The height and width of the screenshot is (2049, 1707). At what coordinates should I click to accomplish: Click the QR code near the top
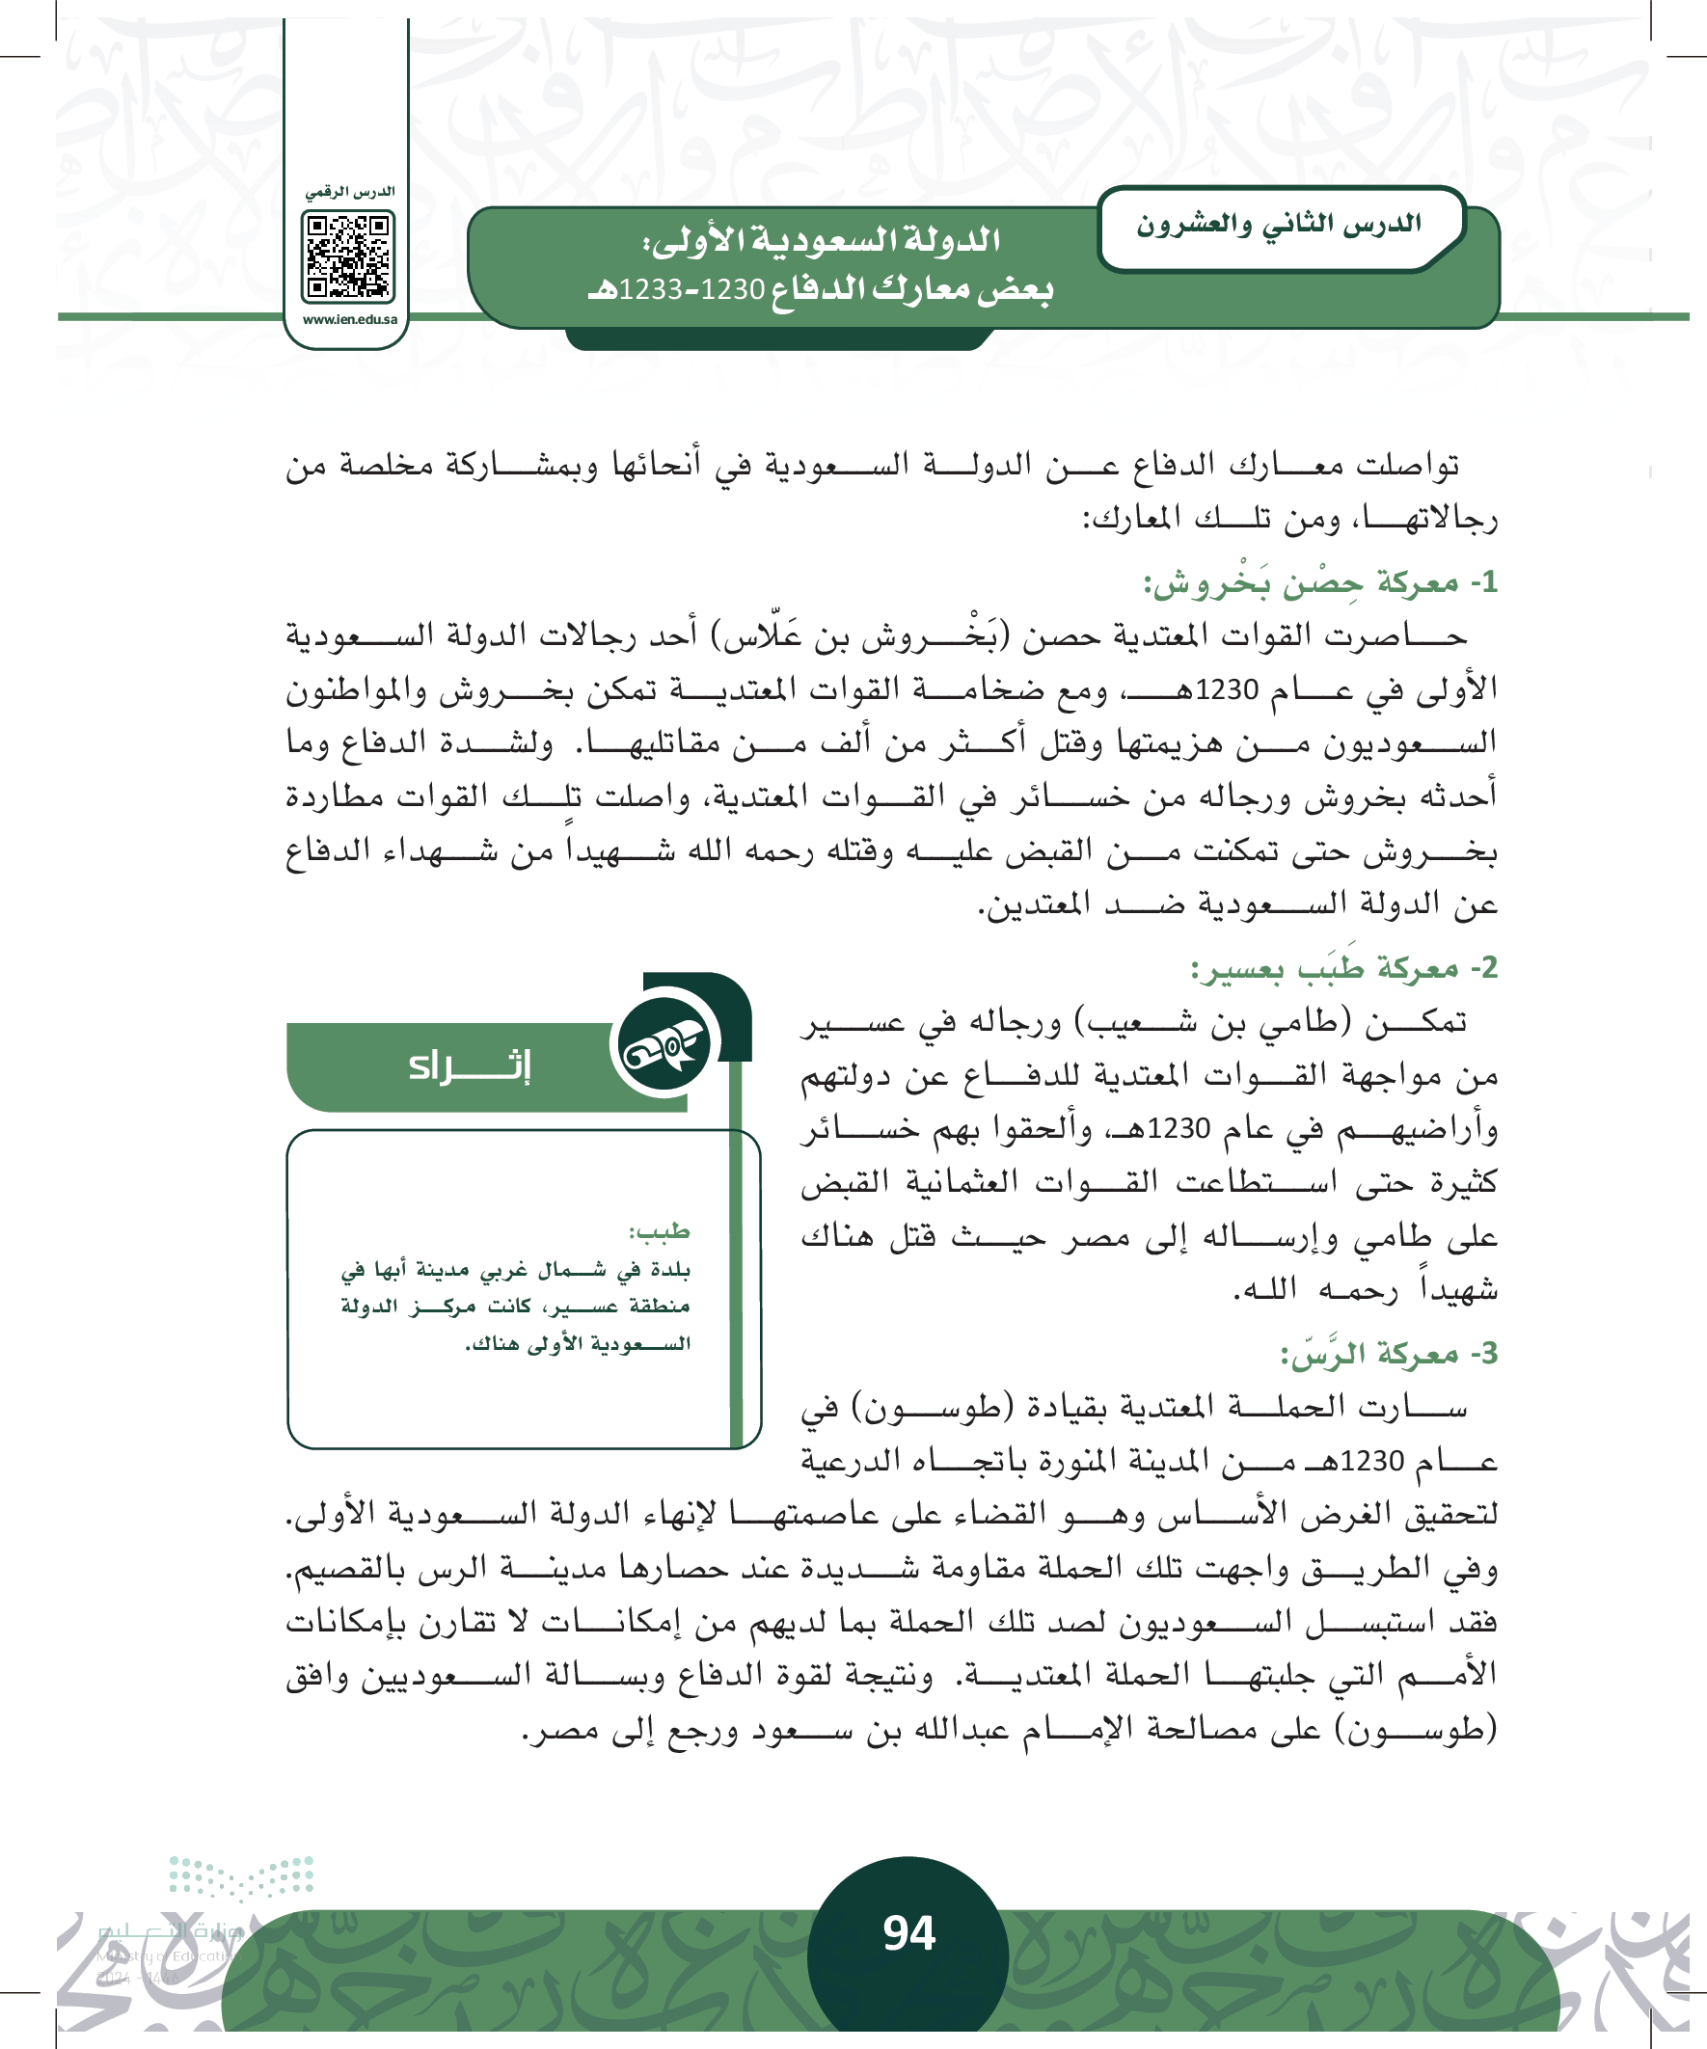[x=348, y=256]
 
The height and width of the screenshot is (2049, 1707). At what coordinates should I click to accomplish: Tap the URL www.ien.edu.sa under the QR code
[x=349, y=319]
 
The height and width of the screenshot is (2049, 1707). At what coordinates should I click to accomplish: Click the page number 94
[x=908, y=1933]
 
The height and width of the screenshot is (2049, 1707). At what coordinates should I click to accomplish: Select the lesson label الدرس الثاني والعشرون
[x=1278, y=226]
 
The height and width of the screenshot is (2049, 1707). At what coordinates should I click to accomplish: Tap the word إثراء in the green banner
[x=470, y=1065]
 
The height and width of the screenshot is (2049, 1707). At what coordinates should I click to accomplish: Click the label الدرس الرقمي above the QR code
[x=349, y=192]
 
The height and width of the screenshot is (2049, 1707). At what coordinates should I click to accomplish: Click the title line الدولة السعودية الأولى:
[x=821, y=240]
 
